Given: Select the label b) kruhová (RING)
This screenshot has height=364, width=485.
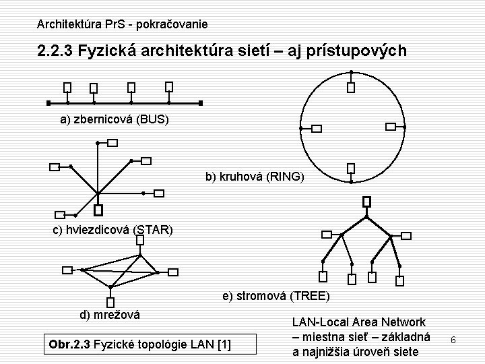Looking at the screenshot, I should pyautogui.click(x=255, y=177).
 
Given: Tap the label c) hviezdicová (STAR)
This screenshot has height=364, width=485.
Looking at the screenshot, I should pyautogui.click(x=113, y=231).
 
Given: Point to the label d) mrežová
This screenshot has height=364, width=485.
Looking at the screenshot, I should pyautogui.click(x=110, y=315).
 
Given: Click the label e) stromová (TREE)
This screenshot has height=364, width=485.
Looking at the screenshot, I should pyautogui.click(x=276, y=296).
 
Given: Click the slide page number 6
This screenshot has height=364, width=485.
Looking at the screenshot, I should pyautogui.click(x=453, y=340).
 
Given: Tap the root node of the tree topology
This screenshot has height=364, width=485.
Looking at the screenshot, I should pyautogui.click(x=366, y=202).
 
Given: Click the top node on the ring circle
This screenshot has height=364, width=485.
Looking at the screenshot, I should pyautogui.click(x=350, y=87).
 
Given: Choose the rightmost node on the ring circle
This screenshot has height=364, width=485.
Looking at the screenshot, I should pyautogui.click(x=389, y=126).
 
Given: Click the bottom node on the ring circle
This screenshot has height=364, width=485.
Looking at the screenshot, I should pyautogui.click(x=350, y=169).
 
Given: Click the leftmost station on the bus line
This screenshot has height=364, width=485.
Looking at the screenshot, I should pyautogui.click(x=67, y=88).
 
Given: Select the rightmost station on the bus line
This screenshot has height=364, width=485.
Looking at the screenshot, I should pyautogui.click(x=169, y=86).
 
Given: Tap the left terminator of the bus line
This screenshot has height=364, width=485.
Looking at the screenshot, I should pyautogui.click(x=48, y=103).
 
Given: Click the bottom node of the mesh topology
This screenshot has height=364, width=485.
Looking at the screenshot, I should pyautogui.click(x=109, y=303).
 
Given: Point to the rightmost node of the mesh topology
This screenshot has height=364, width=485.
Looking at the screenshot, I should pyautogui.click(x=173, y=272).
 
